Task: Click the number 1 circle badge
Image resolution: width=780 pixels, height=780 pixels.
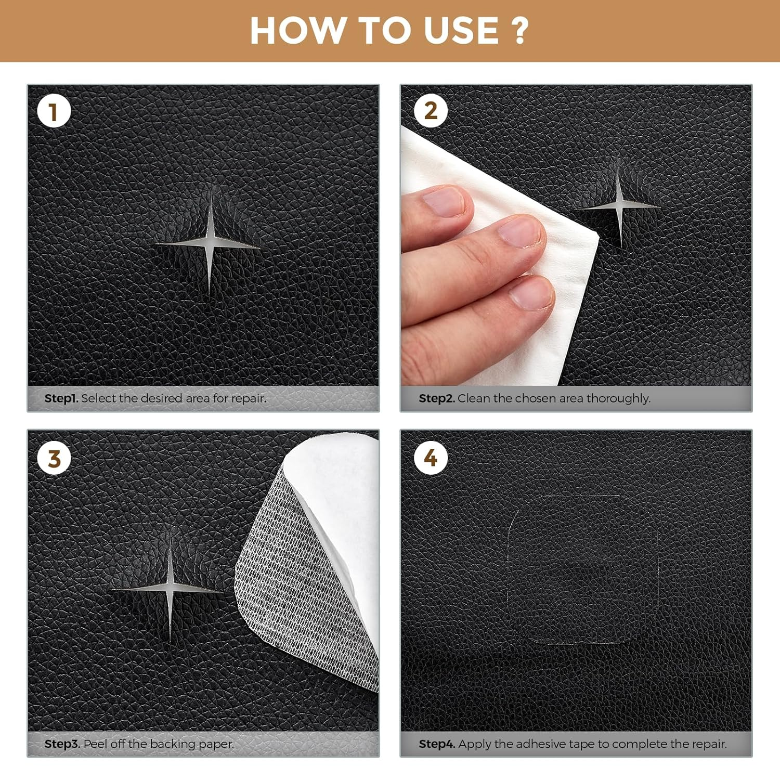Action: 54,112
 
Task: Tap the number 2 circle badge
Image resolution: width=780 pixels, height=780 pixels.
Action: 431,111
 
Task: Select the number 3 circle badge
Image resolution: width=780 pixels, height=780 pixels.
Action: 54,459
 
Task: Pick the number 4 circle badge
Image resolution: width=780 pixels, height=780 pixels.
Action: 431,458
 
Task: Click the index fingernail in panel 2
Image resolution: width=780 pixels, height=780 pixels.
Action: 443,202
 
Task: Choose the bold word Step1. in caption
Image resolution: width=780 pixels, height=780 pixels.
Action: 61,398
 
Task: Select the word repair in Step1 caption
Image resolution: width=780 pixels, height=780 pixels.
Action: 249,398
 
